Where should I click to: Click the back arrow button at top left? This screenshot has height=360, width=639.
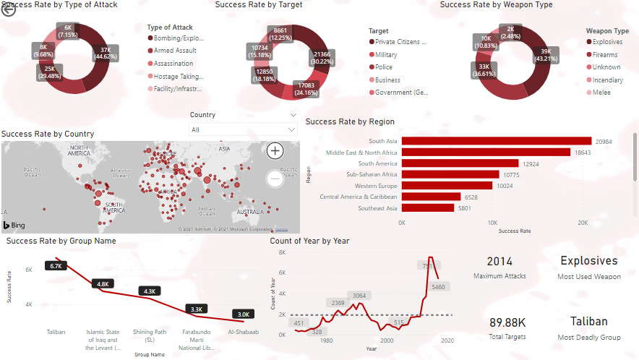coord(9,9)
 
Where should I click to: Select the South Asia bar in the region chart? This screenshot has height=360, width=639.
coord(496,142)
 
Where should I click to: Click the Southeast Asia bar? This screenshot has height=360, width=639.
coord(427,208)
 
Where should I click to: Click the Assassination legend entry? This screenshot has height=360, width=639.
coord(173,64)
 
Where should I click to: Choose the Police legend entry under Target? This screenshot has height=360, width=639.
coord(385,67)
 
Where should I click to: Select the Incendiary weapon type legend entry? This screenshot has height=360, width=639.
coord(607,80)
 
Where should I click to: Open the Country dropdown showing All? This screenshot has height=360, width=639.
coord(243,129)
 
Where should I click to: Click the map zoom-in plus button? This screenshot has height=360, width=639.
coord(275,150)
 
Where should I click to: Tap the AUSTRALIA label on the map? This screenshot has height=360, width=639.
coord(254,213)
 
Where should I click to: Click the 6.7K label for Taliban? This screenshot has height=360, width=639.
coord(56,266)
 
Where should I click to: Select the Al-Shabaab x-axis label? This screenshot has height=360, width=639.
coord(244,332)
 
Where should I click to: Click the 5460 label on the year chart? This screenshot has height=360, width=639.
coord(437,287)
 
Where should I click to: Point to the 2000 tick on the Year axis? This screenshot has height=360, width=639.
coord(387,340)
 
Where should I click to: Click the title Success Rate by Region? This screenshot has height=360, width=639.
coord(350,121)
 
